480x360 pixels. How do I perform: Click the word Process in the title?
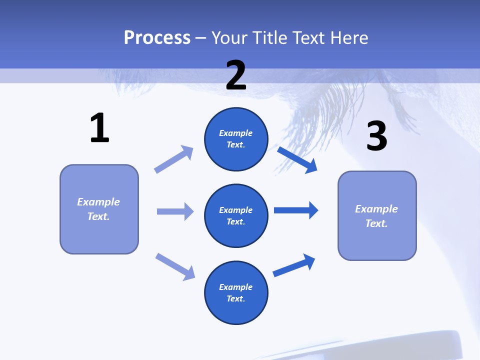pyautogui.click(x=157, y=37)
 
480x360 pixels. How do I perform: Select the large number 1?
pyautogui.click(x=99, y=128)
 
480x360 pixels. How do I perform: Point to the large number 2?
pyautogui.click(x=236, y=75)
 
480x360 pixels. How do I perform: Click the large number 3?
pyautogui.click(x=376, y=136)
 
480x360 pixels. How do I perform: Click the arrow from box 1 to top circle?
pyautogui.click(x=174, y=159)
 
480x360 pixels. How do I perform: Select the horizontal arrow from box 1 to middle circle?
pyautogui.click(x=175, y=211)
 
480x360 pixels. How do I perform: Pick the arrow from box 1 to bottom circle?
pyautogui.click(x=175, y=266)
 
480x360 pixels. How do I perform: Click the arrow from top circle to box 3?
pyautogui.click(x=297, y=159)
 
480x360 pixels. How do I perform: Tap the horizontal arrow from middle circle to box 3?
pyautogui.click(x=296, y=210)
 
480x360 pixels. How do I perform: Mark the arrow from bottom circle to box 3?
pyautogui.click(x=294, y=265)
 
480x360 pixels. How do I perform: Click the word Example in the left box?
pyautogui.click(x=98, y=202)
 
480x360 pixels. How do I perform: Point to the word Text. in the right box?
pyautogui.click(x=376, y=223)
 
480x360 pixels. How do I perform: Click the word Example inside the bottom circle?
pyautogui.click(x=236, y=287)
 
